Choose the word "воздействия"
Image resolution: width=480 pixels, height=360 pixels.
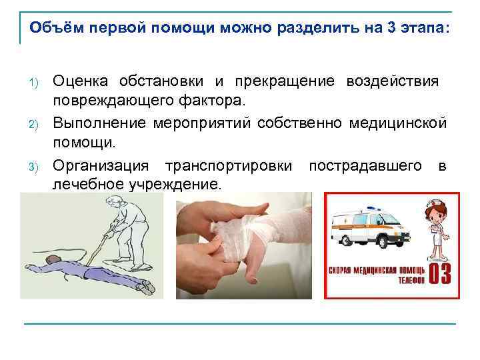pos(392,81)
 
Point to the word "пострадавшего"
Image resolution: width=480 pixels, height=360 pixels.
pos(365,164)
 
